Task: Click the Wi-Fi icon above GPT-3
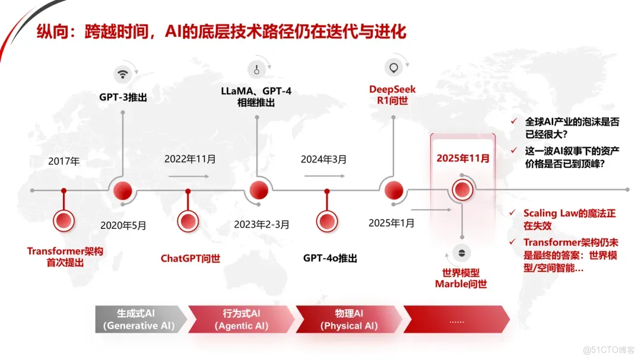coord(123,74)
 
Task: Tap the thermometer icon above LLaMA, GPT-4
coord(257,69)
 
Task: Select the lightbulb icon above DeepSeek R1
coord(392,68)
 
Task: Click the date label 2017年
coord(64,161)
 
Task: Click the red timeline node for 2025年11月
coord(462,190)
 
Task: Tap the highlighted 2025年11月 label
coord(463,158)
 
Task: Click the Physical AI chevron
coord(350,319)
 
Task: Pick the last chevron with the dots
coord(456,319)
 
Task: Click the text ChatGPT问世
coord(190,259)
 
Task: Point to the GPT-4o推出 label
coord(330,259)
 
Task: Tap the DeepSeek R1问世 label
coord(392,95)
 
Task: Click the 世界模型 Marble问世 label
coord(461,278)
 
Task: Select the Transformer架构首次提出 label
coord(65,257)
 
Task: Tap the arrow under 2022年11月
coord(189,176)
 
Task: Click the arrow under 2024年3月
coord(324,176)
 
